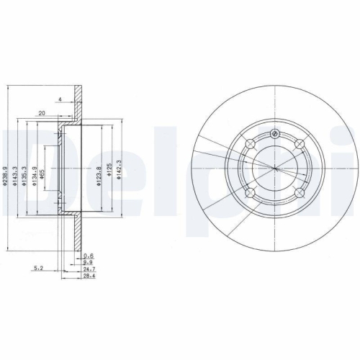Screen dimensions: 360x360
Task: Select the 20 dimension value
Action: point(42,113)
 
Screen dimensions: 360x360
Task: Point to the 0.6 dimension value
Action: point(89,256)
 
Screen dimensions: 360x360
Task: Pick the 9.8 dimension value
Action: point(89,262)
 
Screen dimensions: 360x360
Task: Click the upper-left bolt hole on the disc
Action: point(250,146)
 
